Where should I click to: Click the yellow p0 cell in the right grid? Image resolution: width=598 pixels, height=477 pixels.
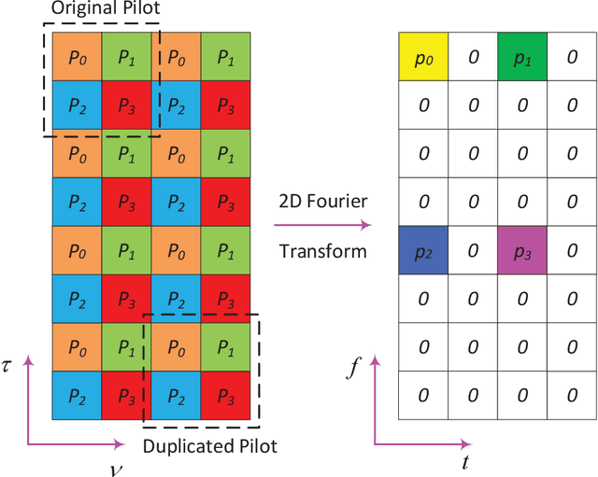(x=423, y=57)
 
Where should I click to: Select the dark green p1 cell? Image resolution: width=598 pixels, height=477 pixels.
(x=522, y=57)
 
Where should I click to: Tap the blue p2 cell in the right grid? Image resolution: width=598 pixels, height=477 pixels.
(x=423, y=250)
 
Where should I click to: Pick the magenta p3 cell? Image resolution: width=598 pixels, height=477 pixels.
(x=522, y=250)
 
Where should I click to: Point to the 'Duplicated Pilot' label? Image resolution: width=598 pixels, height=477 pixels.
(x=210, y=445)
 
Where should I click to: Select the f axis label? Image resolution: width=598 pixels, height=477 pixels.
(x=353, y=368)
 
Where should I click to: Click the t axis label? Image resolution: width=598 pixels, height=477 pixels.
(x=464, y=462)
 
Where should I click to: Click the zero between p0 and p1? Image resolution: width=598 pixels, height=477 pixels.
(x=473, y=57)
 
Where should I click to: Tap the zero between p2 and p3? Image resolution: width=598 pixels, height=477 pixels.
(x=473, y=250)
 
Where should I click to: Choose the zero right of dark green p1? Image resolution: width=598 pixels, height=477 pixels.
(x=572, y=57)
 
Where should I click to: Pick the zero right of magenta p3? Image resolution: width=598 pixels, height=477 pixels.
(x=572, y=250)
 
